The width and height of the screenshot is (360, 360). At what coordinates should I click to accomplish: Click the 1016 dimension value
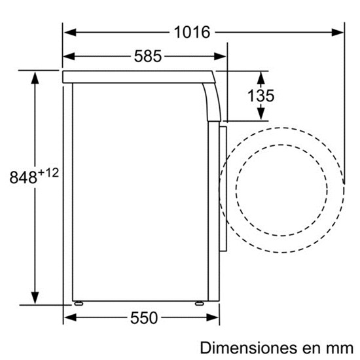click(x=192, y=32)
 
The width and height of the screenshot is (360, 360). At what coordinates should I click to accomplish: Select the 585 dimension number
click(x=148, y=56)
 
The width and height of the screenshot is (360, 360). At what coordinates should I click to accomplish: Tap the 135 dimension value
click(x=261, y=96)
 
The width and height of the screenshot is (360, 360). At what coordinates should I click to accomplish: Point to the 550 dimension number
click(x=144, y=318)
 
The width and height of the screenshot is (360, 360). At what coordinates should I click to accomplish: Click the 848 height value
click(x=23, y=177)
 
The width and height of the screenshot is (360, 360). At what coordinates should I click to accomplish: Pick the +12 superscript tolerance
click(x=48, y=173)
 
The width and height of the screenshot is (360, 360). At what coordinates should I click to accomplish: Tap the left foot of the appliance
click(x=79, y=303)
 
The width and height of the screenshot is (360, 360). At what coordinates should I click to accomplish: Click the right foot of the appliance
click(x=199, y=303)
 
